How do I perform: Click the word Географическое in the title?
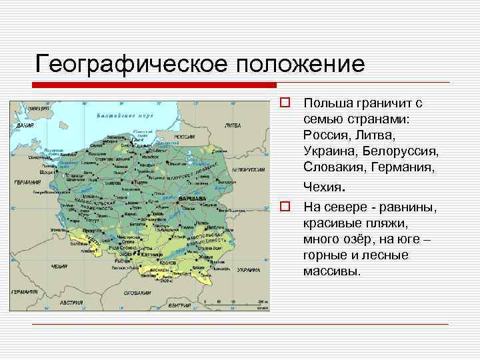tap(133, 65)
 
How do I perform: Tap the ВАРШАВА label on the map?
tap(193, 198)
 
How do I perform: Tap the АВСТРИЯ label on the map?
tap(71, 302)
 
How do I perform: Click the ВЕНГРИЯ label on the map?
tap(179, 305)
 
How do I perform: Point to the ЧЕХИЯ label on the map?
tap(59, 265)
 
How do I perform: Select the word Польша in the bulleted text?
tap(325, 104)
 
